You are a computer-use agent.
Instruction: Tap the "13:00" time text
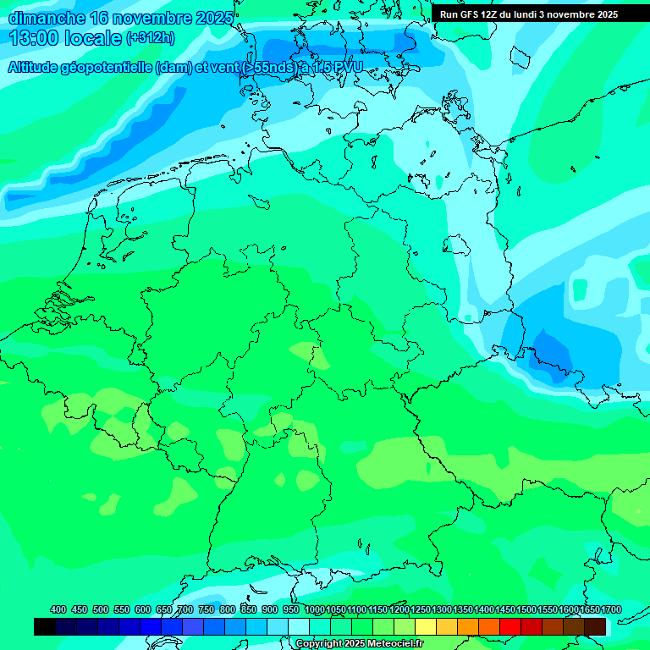pyautogui.click(x=33, y=38)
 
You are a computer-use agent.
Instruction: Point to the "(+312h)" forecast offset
pyautogui.click(x=150, y=38)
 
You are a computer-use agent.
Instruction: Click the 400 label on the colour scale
pyautogui.click(x=58, y=609)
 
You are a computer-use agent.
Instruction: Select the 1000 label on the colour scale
pyautogui.click(x=315, y=609)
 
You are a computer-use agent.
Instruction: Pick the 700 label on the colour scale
pyautogui.click(x=185, y=609)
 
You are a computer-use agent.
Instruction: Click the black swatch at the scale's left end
pyautogui.click(x=45, y=626)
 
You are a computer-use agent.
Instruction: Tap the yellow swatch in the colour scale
pyautogui.click(x=426, y=626)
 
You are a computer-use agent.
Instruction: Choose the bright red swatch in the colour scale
pyautogui.click(x=510, y=626)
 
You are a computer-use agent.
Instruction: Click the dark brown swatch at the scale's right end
pyautogui.click(x=595, y=626)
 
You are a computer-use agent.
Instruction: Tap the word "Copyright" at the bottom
pyautogui.click(x=317, y=644)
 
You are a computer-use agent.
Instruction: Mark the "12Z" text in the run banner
pyautogui.click(x=492, y=14)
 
